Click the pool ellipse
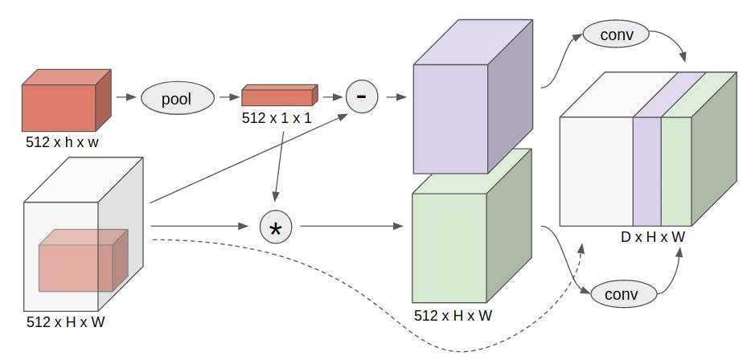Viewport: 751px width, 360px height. click(x=177, y=99)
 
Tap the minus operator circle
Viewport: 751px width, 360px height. click(x=361, y=97)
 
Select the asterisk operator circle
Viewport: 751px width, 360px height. click(x=276, y=228)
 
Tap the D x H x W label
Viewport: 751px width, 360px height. click(x=653, y=237)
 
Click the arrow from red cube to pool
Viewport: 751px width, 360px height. click(x=125, y=97)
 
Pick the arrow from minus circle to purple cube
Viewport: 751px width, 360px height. click(x=394, y=97)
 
